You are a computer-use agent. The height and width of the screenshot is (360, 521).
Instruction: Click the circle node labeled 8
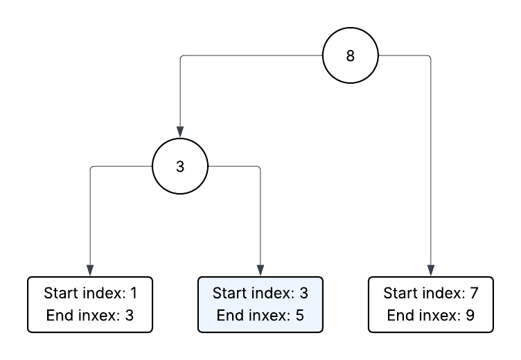[x=351, y=56]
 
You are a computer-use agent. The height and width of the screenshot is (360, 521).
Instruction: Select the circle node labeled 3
[x=180, y=166]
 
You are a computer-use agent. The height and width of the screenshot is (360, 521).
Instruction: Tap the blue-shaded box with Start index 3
[x=260, y=305]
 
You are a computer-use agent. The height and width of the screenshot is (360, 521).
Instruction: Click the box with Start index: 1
[x=90, y=305]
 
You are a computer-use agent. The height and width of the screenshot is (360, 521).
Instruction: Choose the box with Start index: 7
[x=431, y=305]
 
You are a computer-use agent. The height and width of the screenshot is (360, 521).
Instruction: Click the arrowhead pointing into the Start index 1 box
[x=90, y=271]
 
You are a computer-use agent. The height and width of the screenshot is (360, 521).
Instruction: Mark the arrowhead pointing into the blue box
[x=260, y=271]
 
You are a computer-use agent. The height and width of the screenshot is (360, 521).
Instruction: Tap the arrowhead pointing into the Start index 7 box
[x=431, y=271]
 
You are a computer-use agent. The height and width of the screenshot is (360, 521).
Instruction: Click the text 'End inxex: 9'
[x=431, y=316]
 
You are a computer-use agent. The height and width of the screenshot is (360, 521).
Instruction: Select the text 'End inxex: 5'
[x=260, y=316]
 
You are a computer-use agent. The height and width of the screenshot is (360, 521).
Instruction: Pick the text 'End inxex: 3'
[x=90, y=316]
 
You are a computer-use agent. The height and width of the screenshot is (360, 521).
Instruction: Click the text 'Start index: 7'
[x=431, y=293]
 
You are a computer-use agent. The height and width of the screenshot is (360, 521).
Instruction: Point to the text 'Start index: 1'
[x=90, y=293]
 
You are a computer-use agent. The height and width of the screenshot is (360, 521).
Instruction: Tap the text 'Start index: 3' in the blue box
[x=260, y=293]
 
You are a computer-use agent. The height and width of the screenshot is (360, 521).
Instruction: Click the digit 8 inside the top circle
[x=351, y=56]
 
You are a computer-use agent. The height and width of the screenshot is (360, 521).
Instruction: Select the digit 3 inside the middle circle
[x=180, y=166]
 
